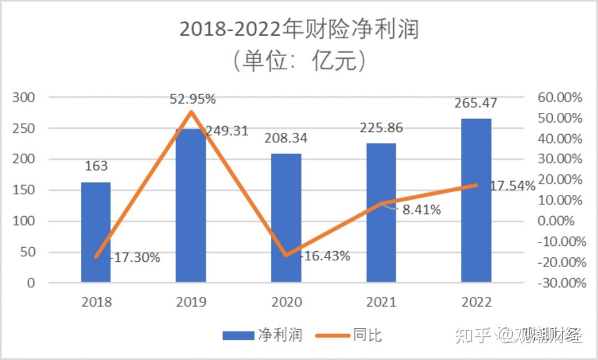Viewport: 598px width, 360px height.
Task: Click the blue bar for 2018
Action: (96, 233)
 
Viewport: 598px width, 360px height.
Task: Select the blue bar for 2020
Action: (286, 218)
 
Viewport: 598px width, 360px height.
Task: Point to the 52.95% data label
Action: (193, 100)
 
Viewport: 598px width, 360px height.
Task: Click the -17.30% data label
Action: (136, 258)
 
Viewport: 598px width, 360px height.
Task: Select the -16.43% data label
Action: (326, 256)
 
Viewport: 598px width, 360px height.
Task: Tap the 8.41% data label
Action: (421, 210)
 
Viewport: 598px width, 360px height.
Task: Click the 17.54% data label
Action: (512, 186)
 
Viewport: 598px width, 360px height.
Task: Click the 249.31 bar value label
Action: (227, 132)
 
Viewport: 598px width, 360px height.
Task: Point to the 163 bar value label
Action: (96, 166)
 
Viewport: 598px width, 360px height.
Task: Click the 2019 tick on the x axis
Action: (191, 302)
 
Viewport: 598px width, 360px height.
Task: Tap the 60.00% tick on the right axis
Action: (560, 98)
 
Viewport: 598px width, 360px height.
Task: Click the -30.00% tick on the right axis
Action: (560, 283)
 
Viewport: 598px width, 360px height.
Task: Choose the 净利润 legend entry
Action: (262, 335)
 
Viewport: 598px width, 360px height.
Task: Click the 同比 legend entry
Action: (349, 335)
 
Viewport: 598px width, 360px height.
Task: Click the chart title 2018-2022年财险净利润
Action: (299, 29)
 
